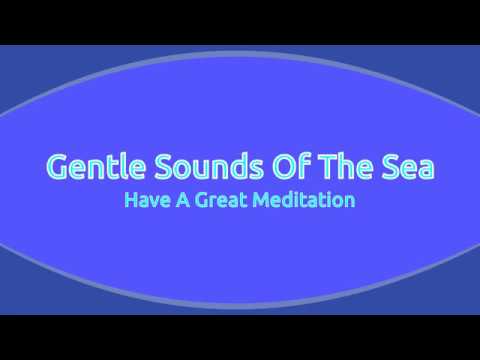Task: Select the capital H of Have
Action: (x=130, y=200)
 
